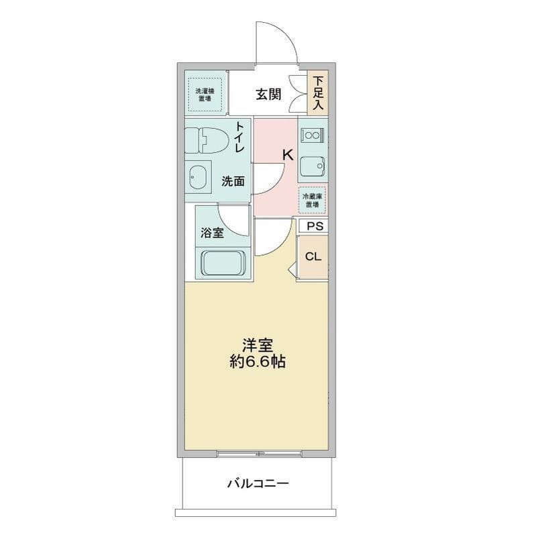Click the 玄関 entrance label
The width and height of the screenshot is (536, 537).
pos(268,95)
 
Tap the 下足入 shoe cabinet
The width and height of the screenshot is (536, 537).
pos(318,93)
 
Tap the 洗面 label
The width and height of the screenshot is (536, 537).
pos(233,181)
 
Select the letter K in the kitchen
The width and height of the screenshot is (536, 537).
pos(287,154)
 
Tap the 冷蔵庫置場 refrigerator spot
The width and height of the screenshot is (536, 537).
pos(313,199)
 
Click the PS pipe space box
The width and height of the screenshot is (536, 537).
pos(314,226)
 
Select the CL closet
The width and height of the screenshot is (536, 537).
pos(313,256)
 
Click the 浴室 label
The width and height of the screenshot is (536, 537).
pos(212,233)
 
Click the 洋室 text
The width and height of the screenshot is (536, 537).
pos(258,344)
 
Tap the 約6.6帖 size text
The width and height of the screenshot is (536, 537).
pos(258,362)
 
